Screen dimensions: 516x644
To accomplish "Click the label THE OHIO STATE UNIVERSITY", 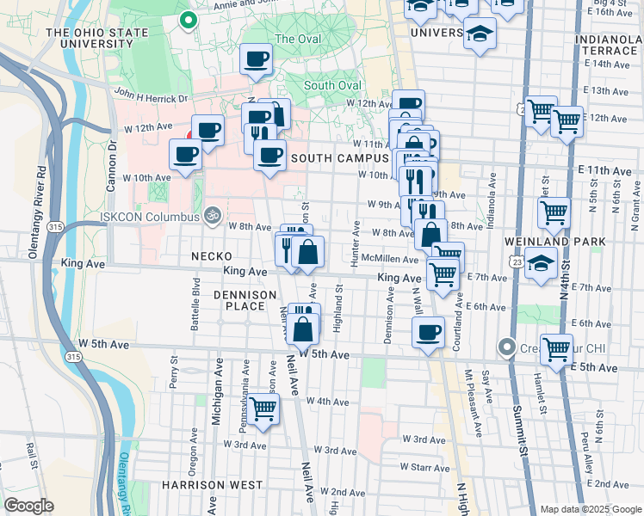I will tap(108, 40).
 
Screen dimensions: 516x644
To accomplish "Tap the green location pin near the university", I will tap(188, 19).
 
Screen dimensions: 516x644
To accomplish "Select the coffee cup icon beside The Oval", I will tap(256, 60).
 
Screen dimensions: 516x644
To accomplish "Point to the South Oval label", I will tap(331, 85).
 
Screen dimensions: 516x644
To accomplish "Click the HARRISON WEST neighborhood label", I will tap(212, 485).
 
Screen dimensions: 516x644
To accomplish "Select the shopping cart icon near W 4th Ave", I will tap(263, 408).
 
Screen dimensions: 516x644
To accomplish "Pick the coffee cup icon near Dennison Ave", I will tap(428, 332).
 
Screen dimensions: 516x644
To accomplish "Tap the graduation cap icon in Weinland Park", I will tap(540, 265).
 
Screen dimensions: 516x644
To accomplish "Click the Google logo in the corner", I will tap(29, 506).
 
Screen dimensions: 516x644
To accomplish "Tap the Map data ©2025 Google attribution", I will tap(590, 509).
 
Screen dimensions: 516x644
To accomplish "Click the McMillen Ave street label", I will tap(389, 259).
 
